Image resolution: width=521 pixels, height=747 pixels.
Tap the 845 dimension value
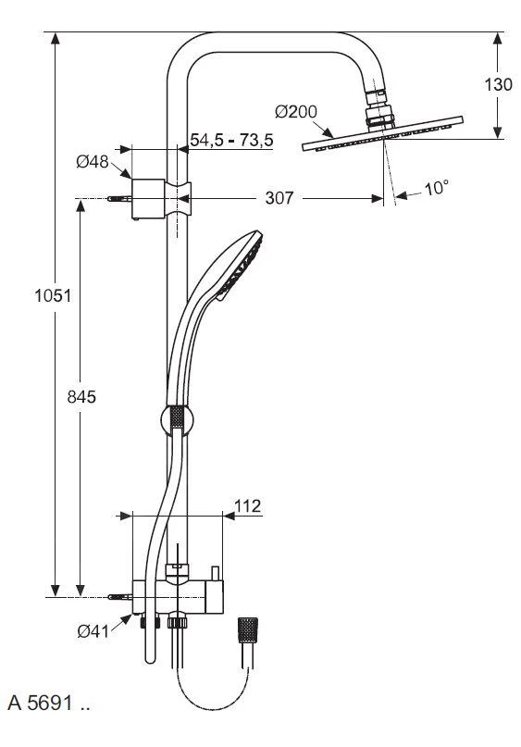(82, 395)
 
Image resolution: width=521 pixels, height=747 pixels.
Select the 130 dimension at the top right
(498, 84)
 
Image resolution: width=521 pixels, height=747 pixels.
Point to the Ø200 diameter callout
(295, 113)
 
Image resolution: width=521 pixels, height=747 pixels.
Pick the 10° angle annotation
(435, 189)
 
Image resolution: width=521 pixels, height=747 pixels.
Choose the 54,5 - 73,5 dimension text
(231, 140)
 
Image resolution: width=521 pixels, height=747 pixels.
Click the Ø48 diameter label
(93, 162)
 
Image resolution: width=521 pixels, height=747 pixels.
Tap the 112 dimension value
(246, 506)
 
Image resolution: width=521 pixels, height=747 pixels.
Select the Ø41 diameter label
(93, 632)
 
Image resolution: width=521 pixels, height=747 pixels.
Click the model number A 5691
(48, 702)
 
